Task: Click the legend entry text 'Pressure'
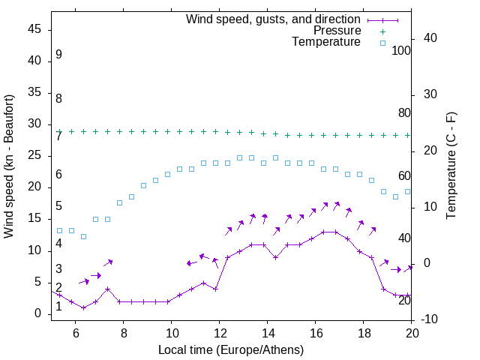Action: (337, 31)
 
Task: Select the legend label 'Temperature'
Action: (326, 42)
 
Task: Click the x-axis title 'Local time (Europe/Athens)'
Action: (231, 350)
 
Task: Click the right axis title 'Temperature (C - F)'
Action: (451, 166)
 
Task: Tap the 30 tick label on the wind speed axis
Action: (34, 124)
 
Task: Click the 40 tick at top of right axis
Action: (430, 38)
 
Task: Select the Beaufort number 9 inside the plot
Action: (58, 55)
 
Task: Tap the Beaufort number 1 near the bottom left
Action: (58, 306)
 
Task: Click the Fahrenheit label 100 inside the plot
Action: (401, 50)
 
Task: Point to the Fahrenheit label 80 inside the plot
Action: (404, 112)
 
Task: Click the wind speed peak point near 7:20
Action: (107, 289)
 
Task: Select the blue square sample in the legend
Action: (382, 43)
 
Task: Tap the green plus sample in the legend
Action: (382, 31)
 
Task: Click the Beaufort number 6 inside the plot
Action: (58, 174)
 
